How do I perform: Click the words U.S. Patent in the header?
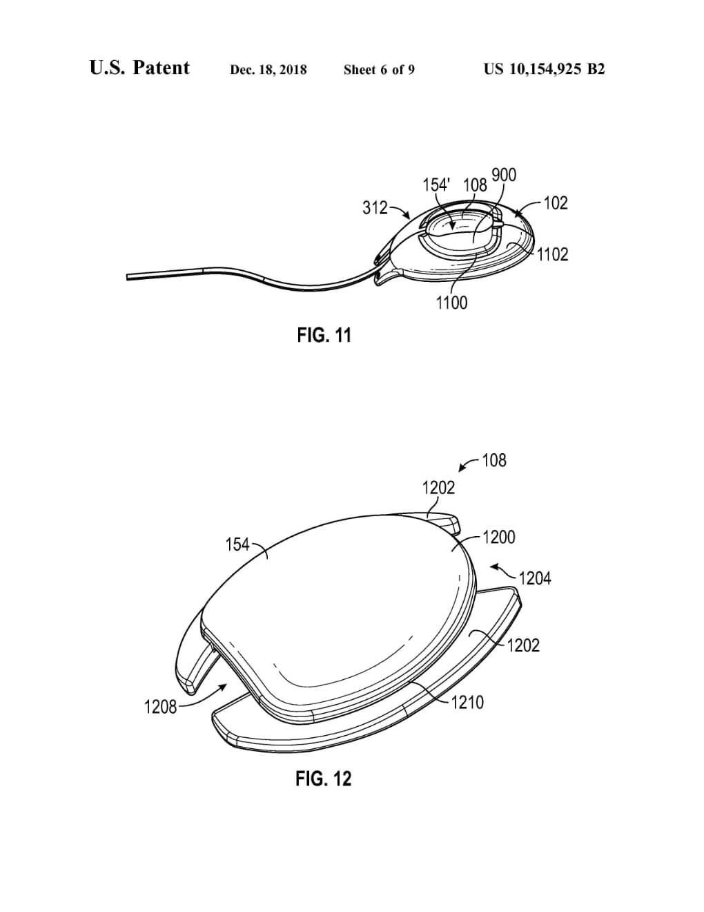click(x=139, y=68)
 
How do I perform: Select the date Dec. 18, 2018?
click(x=268, y=70)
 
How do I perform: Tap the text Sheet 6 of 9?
click(x=379, y=70)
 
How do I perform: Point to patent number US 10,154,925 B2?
click(x=545, y=69)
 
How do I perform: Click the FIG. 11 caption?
click(x=324, y=335)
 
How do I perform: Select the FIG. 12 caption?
click(x=324, y=779)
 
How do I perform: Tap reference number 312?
click(x=375, y=208)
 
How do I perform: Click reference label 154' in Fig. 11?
click(x=437, y=184)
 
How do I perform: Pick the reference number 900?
click(x=504, y=175)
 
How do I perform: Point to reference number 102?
click(x=556, y=204)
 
